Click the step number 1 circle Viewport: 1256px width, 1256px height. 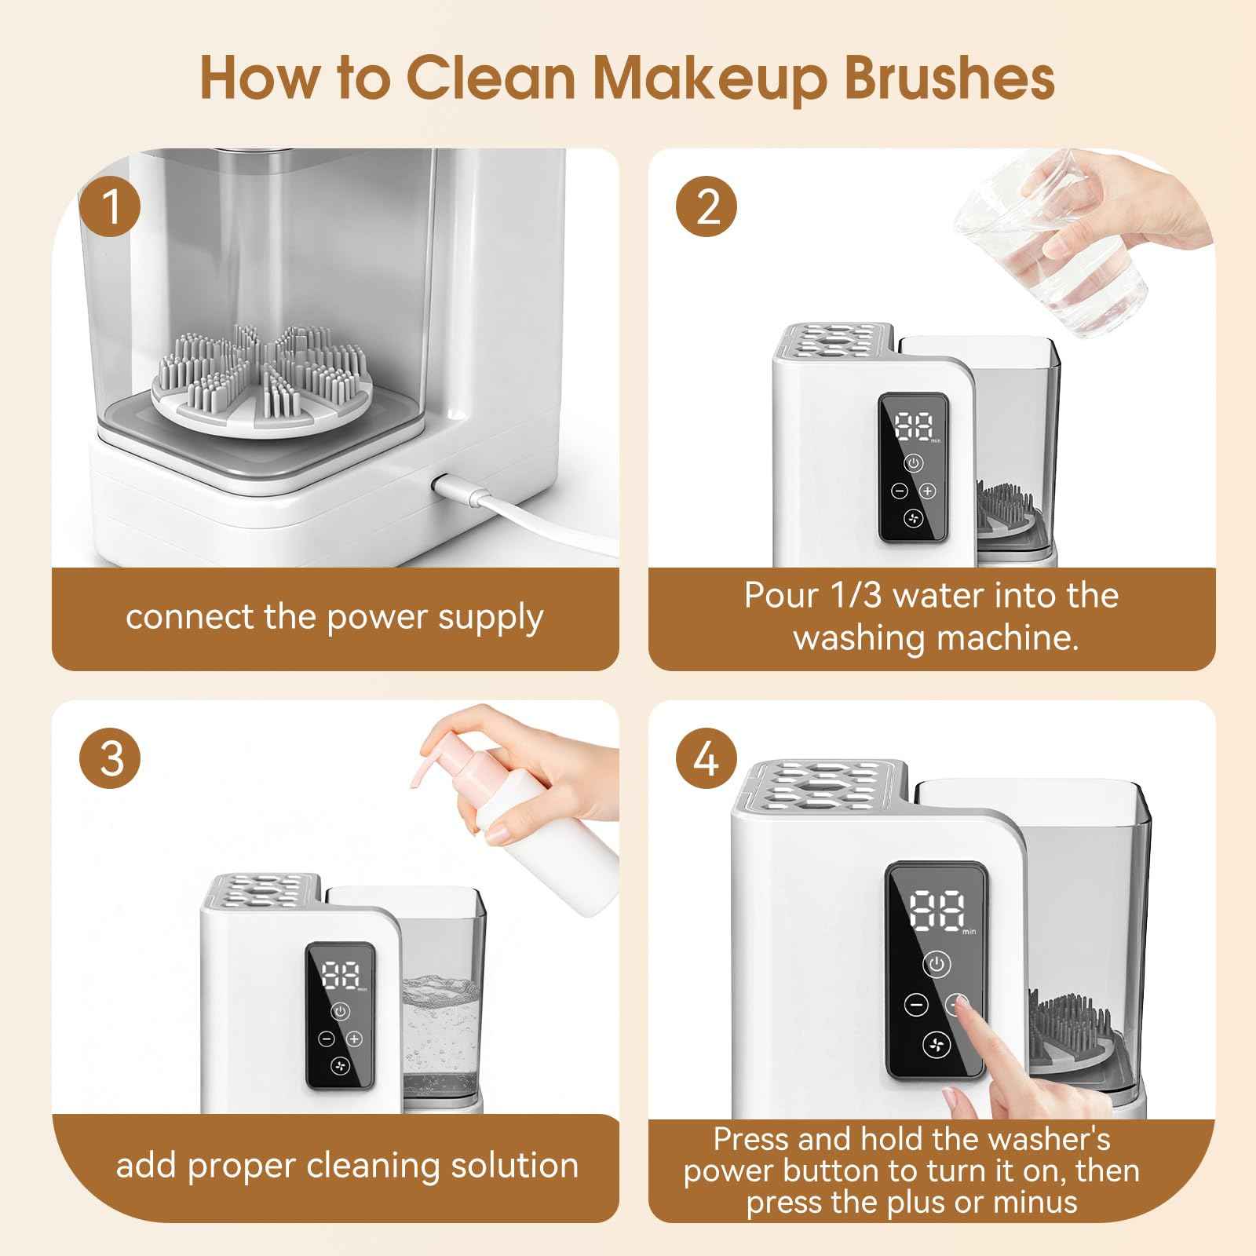coord(111,208)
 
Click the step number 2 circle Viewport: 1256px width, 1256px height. coord(708,208)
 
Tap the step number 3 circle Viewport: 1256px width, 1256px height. coord(111,759)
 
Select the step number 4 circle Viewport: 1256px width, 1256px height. coord(708,759)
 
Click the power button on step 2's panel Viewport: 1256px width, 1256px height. coord(913,463)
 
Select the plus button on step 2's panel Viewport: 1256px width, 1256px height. coord(928,491)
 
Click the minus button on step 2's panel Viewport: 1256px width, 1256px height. coord(900,491)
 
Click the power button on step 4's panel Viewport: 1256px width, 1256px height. coord(937,964)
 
